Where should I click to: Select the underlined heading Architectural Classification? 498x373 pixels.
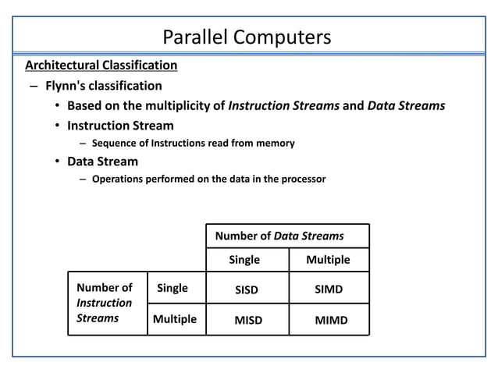pos(101,65)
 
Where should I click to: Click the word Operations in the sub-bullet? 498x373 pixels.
pos(119,179)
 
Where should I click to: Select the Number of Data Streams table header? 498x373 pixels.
pos(279,236)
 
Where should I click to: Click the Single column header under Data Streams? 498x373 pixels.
pos(244,260)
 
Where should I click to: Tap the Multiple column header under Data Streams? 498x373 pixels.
pos(328,260)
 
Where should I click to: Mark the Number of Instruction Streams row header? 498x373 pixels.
pos(105,303)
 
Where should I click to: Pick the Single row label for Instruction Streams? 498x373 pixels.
pos(173,288)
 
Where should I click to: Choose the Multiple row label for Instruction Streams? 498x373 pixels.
pos(174,318)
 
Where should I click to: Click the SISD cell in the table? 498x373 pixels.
pos(247,290)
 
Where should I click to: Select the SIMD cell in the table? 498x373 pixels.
pos(329,290)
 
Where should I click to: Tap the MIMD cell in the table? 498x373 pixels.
pos(331,320)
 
